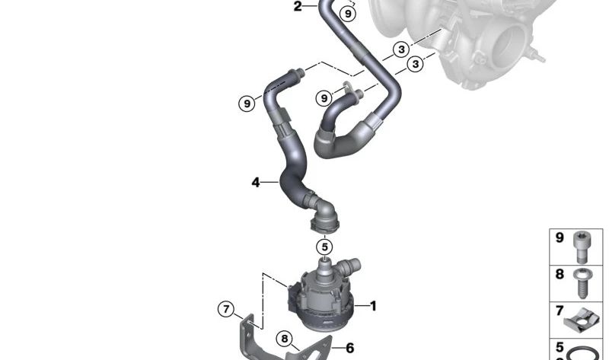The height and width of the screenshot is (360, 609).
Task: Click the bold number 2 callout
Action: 298,6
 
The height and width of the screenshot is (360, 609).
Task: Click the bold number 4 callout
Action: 256,182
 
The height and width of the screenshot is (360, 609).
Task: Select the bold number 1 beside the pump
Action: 373,307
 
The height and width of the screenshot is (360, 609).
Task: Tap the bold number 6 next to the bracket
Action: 349,348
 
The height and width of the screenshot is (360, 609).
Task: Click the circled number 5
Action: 325,247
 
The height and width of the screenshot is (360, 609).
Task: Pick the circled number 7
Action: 225,310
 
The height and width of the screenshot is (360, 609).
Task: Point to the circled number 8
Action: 284,339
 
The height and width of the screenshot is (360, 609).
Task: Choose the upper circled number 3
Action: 401,49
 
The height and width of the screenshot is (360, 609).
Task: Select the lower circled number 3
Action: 416,64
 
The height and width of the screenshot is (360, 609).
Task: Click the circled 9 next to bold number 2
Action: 348,14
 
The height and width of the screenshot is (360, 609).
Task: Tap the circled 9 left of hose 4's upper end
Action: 247,104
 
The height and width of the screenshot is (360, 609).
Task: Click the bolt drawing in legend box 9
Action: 581,247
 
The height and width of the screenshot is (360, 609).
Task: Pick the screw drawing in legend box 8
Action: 582,283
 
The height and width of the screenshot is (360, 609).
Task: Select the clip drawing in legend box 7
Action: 582,320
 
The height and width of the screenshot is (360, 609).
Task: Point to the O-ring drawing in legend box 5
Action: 583,354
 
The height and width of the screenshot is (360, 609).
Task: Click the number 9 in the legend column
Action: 560,237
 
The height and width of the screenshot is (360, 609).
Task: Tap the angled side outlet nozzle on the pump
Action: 348,266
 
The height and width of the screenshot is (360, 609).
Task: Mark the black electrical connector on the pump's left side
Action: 294,298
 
